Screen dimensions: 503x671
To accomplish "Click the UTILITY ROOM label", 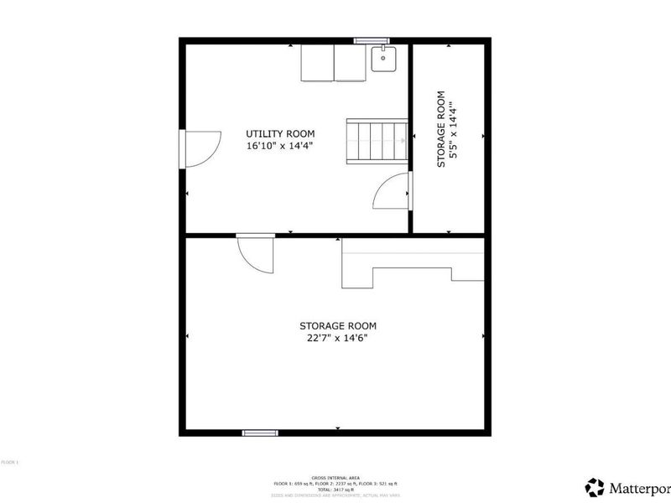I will (x=280, y=133).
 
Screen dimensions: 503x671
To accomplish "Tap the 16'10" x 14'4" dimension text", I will (x=280, y=146).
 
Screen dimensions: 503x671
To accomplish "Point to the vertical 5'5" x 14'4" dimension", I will (x=452, y=135).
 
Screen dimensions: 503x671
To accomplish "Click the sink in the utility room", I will (x=383, y=60).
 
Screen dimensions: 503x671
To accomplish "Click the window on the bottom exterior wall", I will (x=260, y=433).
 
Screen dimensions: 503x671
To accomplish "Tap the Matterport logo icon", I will (x=595, y=487).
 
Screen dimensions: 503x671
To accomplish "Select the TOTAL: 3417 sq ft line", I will (x=335, y=489).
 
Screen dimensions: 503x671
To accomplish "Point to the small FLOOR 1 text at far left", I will (x=9, y=462).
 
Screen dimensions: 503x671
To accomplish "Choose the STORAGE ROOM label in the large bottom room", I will (x=338, y=326).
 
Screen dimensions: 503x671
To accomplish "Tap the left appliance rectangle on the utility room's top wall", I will (x=318, y=63).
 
